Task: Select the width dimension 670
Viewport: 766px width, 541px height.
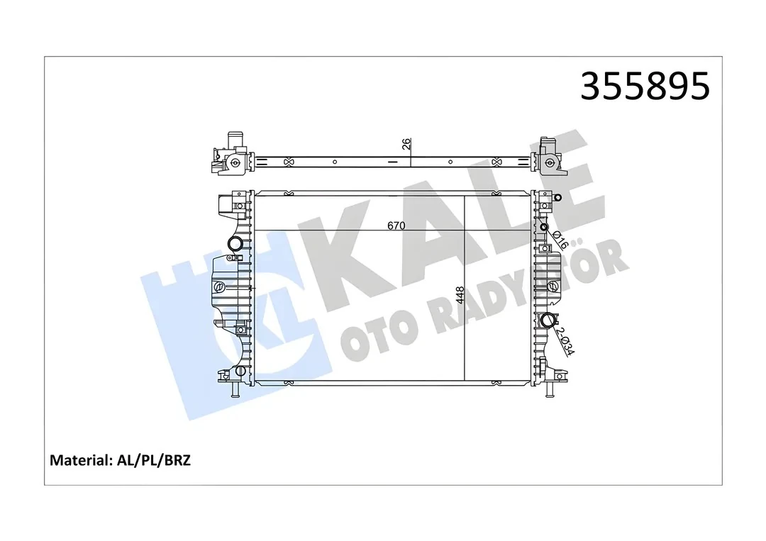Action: [396, 225]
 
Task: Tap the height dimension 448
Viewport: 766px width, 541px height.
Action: [460, 296]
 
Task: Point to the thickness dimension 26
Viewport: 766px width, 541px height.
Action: [406, 144]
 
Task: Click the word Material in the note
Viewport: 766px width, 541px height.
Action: [78, 460]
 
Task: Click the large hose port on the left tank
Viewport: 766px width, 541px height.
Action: [234, 244]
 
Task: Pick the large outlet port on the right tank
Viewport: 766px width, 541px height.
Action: [548, 321]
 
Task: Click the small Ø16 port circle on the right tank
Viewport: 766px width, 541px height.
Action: [544, 228]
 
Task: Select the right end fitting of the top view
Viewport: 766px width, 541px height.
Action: [548, 156]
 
